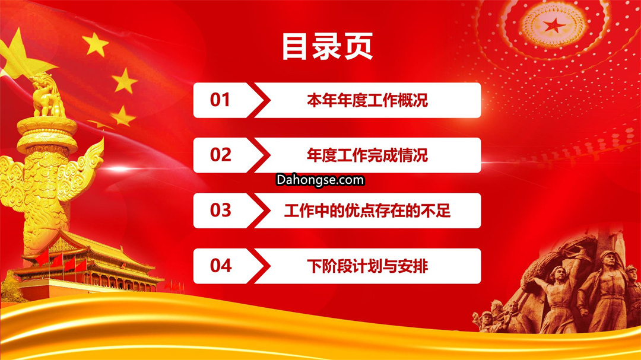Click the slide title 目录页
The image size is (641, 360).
coord(327,46)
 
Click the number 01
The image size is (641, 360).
coord(220,100)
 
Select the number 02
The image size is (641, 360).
coord(220,155)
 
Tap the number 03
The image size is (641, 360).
coord(220,210)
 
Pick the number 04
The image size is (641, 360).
coord(221,266)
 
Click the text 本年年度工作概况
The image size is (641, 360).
coord(367,100)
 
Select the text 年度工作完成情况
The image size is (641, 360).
coord(367,155)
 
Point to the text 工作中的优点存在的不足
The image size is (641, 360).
coord(367,211)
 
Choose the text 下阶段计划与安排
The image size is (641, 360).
coord(367,266)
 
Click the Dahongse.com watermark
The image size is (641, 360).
coord(320,180)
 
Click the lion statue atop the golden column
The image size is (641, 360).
coord(47,97)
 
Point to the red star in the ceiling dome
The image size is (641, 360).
coord(554,26)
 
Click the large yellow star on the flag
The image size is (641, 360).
coord(20,55)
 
